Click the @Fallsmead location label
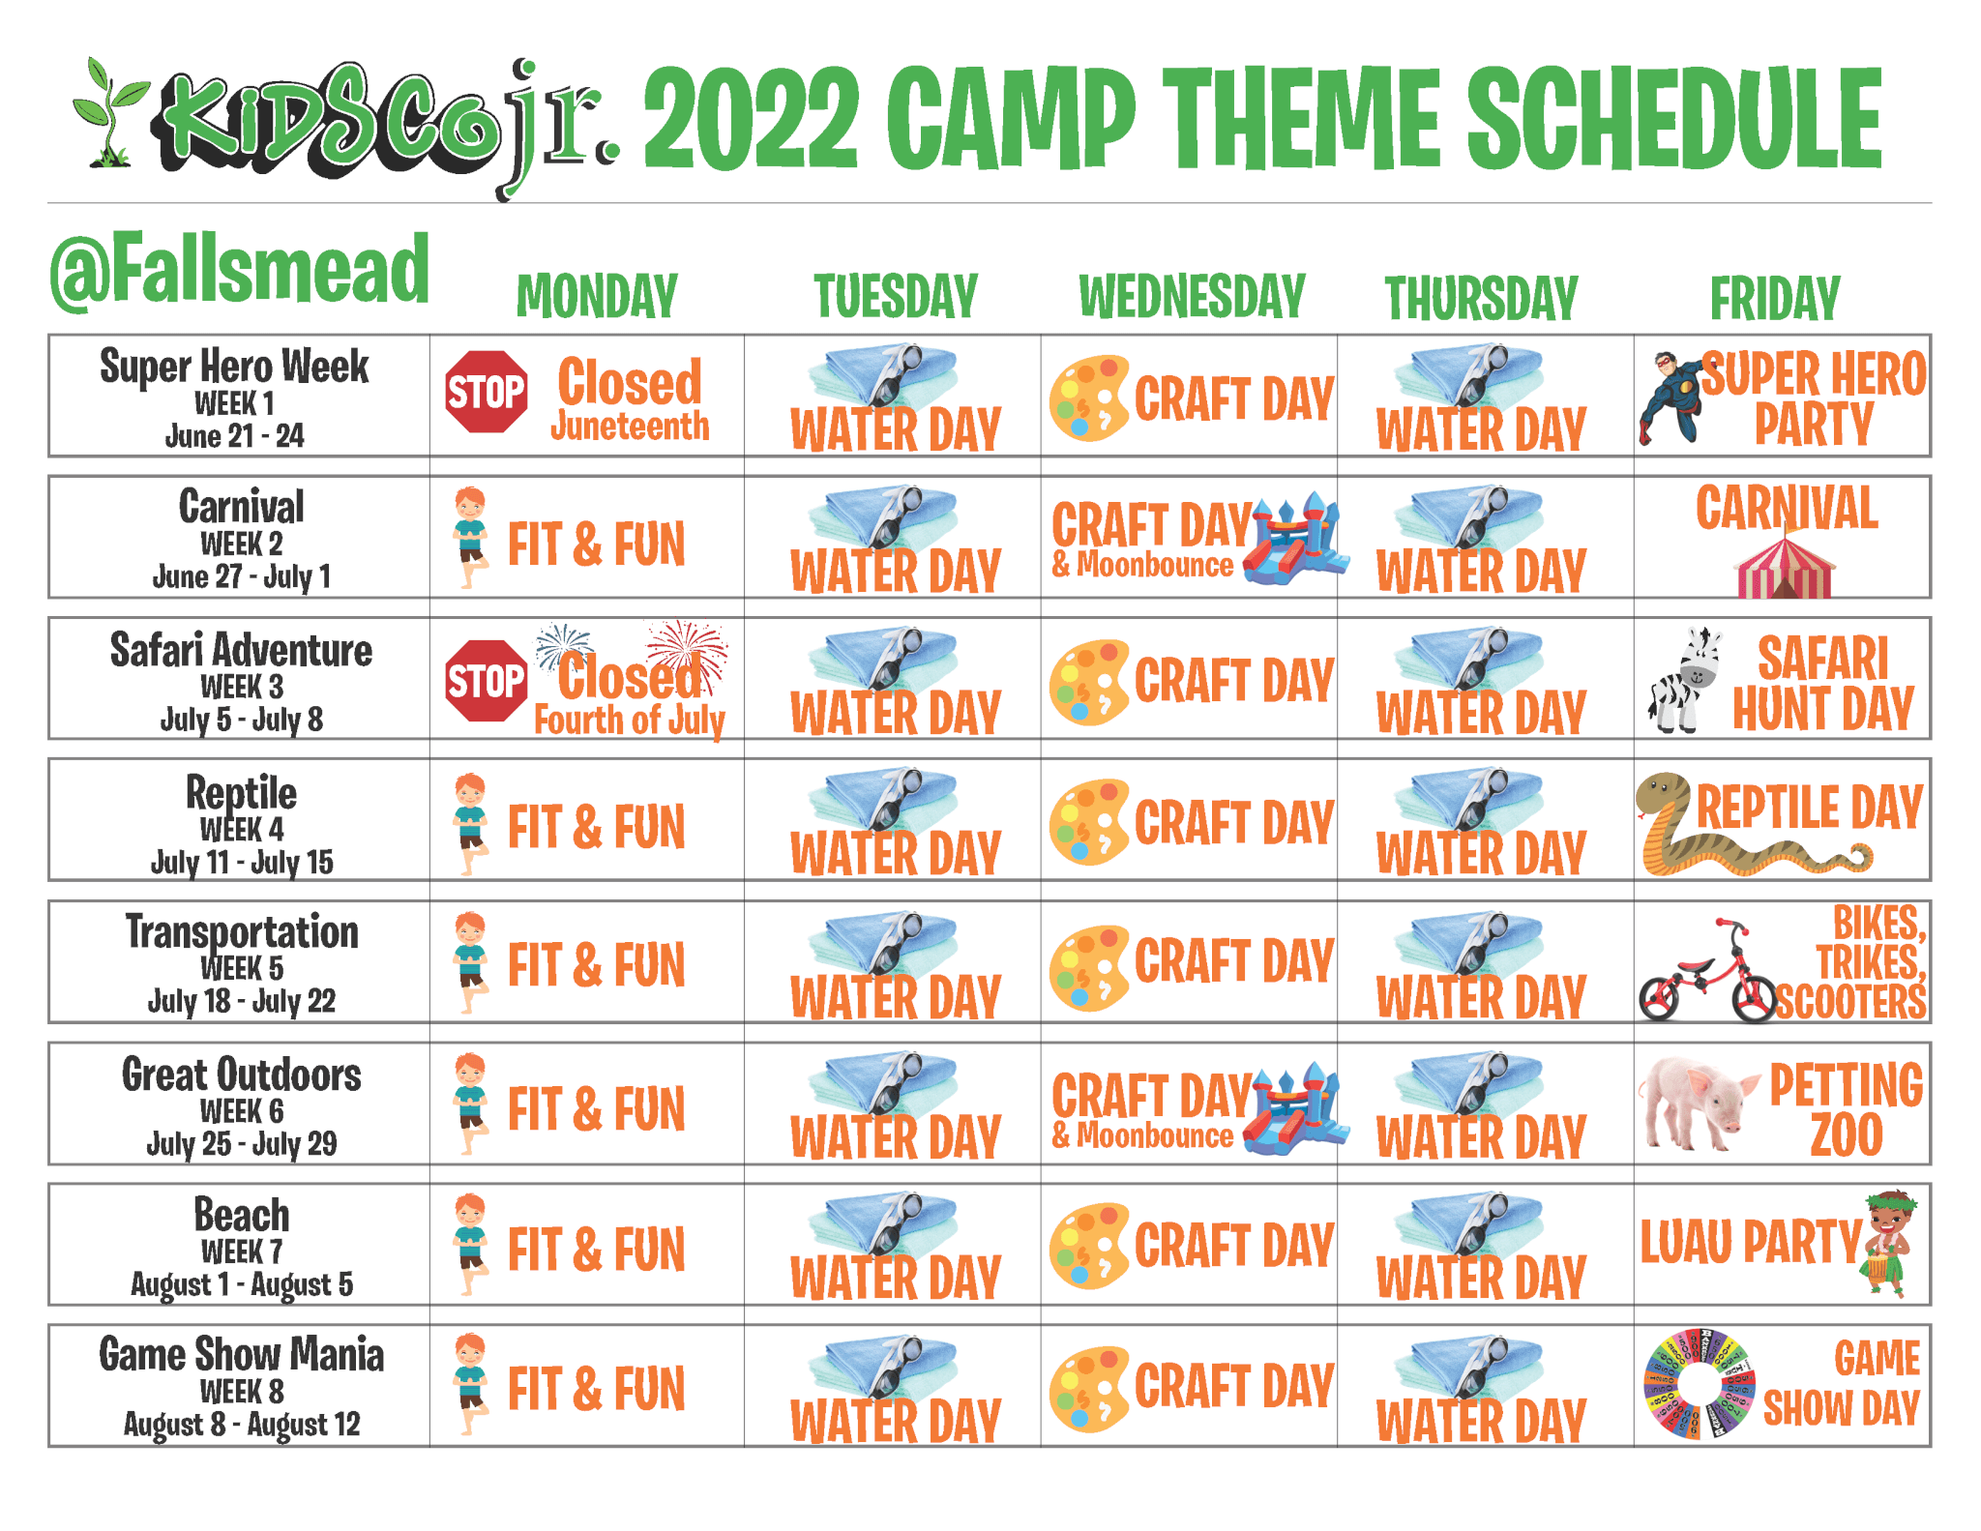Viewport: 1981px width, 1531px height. coord(240,270)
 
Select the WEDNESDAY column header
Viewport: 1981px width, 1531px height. coord(1192,296)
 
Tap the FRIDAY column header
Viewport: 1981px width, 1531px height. coord(1775,298)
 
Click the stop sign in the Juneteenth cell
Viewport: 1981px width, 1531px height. coord(487,392)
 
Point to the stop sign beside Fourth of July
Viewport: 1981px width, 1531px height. coord(487,681)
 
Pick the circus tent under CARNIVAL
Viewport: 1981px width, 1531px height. coord(1785,568)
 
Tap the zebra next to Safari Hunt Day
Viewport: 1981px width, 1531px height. coord(1685,679)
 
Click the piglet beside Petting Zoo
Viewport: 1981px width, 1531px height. coord(1698,1104)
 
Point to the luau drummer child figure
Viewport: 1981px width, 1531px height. coord(1887,1244)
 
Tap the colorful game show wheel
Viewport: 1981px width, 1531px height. coord(1700,1384)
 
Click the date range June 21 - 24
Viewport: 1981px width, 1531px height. coord(235,436)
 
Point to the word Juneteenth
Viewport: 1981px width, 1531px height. coord(630,427)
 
